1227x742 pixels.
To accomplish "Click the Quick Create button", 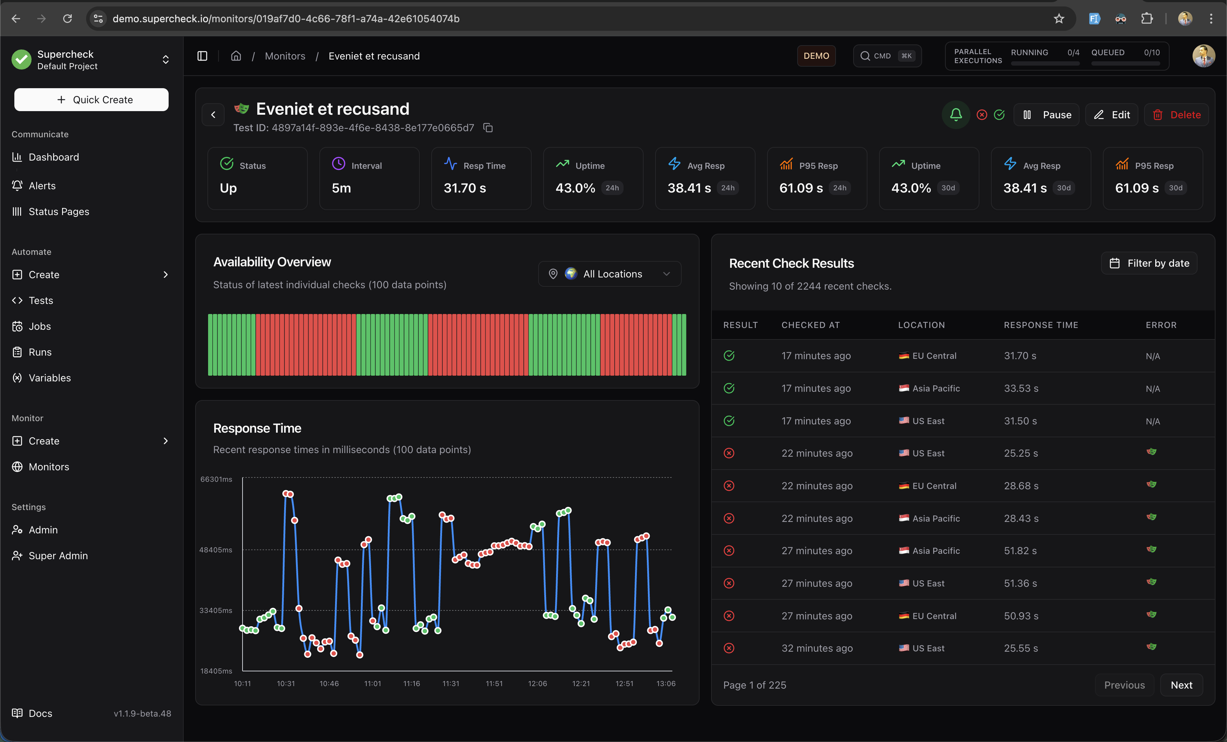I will tap(91, 100).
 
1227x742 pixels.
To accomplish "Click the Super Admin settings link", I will tap(58, 555).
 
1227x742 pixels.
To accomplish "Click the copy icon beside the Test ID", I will tap(488, 128).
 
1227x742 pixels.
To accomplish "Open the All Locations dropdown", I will tap(610, 274).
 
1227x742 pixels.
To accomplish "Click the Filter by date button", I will tap(1149, 263).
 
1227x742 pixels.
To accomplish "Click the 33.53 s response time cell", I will tap(1021, 388).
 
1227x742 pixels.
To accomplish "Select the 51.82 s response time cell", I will tap(1020, 550).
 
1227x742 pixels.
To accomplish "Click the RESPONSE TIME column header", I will tap(1041, 325).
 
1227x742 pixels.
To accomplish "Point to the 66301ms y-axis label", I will tap(216, 479).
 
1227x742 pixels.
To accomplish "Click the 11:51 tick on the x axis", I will tap(494, 683).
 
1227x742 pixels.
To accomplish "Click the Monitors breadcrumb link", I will tap(285, 56).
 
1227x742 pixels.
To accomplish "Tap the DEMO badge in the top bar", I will tap(816, 56).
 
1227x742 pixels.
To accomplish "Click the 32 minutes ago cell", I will tap(817, 648).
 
